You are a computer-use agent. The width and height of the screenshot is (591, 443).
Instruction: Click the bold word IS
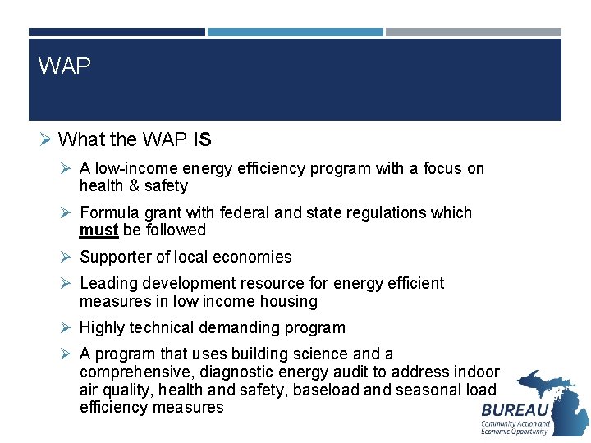pyautogui.click(x=202, y=140)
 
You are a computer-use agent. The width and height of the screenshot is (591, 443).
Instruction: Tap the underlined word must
pyautogui.click(x=98, y=231)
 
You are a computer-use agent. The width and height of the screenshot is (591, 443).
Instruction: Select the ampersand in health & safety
pyautogui.click(x=135, y=186)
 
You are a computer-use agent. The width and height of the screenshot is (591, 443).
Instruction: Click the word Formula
pyautogui.click(x=108, y=213)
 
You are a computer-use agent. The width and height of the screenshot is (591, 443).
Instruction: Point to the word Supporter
pyautogui.click(x=114, y=258)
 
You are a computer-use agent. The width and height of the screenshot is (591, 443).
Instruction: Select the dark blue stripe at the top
pyautogui.click(x=117, y=33)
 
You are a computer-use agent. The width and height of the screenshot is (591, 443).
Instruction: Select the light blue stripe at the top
pyautogui.click(x=295, y=33)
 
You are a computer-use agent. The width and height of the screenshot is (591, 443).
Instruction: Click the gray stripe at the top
pyautogui.click(x=474, y=33)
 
